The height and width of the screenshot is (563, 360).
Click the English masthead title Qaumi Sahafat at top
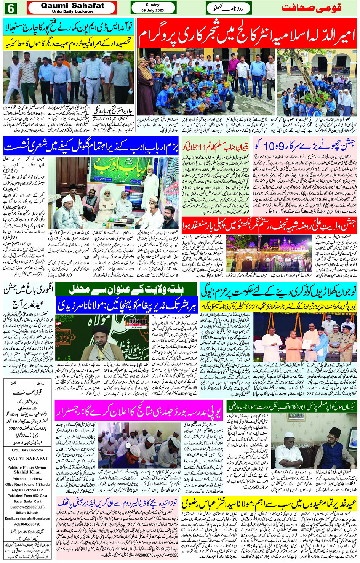pyautogui.click(x=72, y=6)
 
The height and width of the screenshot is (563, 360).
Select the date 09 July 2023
pyautogui.click(x=152, y=10)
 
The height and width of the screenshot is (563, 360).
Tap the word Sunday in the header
pyautogui.click(x=152, y=5)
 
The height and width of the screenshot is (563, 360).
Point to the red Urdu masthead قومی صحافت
pyautogui.click(x=311, y=8)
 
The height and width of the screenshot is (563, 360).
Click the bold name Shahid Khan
pyautogui.click(x=27, y=472)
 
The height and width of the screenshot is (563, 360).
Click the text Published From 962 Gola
pyautogui.click(x=27, y=496)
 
